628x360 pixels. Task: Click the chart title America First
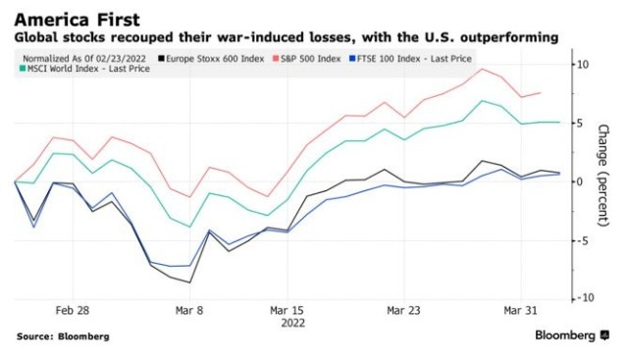coord(78,20)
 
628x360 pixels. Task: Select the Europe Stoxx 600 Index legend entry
coord(211,59)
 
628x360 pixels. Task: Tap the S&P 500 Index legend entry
coord(307,59)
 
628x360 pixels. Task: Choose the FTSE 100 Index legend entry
coord(410,59)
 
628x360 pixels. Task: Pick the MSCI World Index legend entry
coord(84,69)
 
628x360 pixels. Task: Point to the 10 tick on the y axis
coord(582,65)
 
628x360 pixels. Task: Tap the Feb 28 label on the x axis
coord(73,310)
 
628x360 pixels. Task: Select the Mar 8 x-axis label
coord(189,310)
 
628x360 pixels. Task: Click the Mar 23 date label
coord(403,310)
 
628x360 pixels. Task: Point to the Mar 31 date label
coord(521,310)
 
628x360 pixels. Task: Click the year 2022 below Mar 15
coord(292,323)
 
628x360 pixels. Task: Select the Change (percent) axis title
coord(603,176)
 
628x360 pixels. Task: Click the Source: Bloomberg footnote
coord(63,336)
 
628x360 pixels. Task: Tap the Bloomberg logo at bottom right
coord(572,335)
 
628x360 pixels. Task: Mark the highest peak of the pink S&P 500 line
coord(482,69)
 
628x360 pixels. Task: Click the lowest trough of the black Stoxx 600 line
coord(189,283)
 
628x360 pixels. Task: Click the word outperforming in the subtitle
coord(509,37)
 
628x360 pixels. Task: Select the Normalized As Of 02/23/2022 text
coord(84,59)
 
